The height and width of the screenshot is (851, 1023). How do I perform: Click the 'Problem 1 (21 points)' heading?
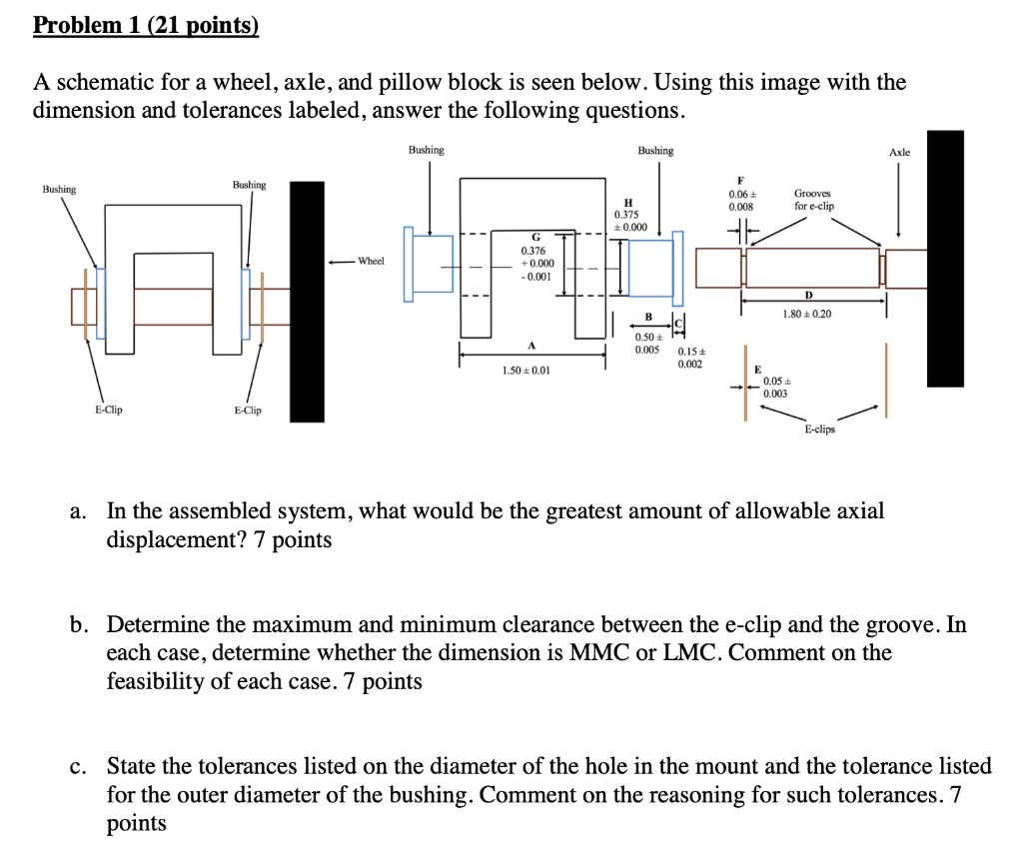tap(146, 25)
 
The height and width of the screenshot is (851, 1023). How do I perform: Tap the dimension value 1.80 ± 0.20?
tap(806, 314)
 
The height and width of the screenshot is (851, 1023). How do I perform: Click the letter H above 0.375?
tap(626, 201)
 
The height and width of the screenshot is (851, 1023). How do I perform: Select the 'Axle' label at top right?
tap(899, 152)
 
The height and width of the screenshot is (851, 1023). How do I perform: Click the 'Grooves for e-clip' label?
tap(814, 200)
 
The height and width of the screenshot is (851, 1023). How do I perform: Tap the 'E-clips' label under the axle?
tap(820, 429)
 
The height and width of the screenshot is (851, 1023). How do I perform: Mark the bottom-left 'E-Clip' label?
tap(109, 410)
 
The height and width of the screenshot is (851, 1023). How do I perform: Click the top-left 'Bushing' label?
tap(58, 188)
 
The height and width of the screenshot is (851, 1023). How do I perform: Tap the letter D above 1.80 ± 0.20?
tap(807, 296)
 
